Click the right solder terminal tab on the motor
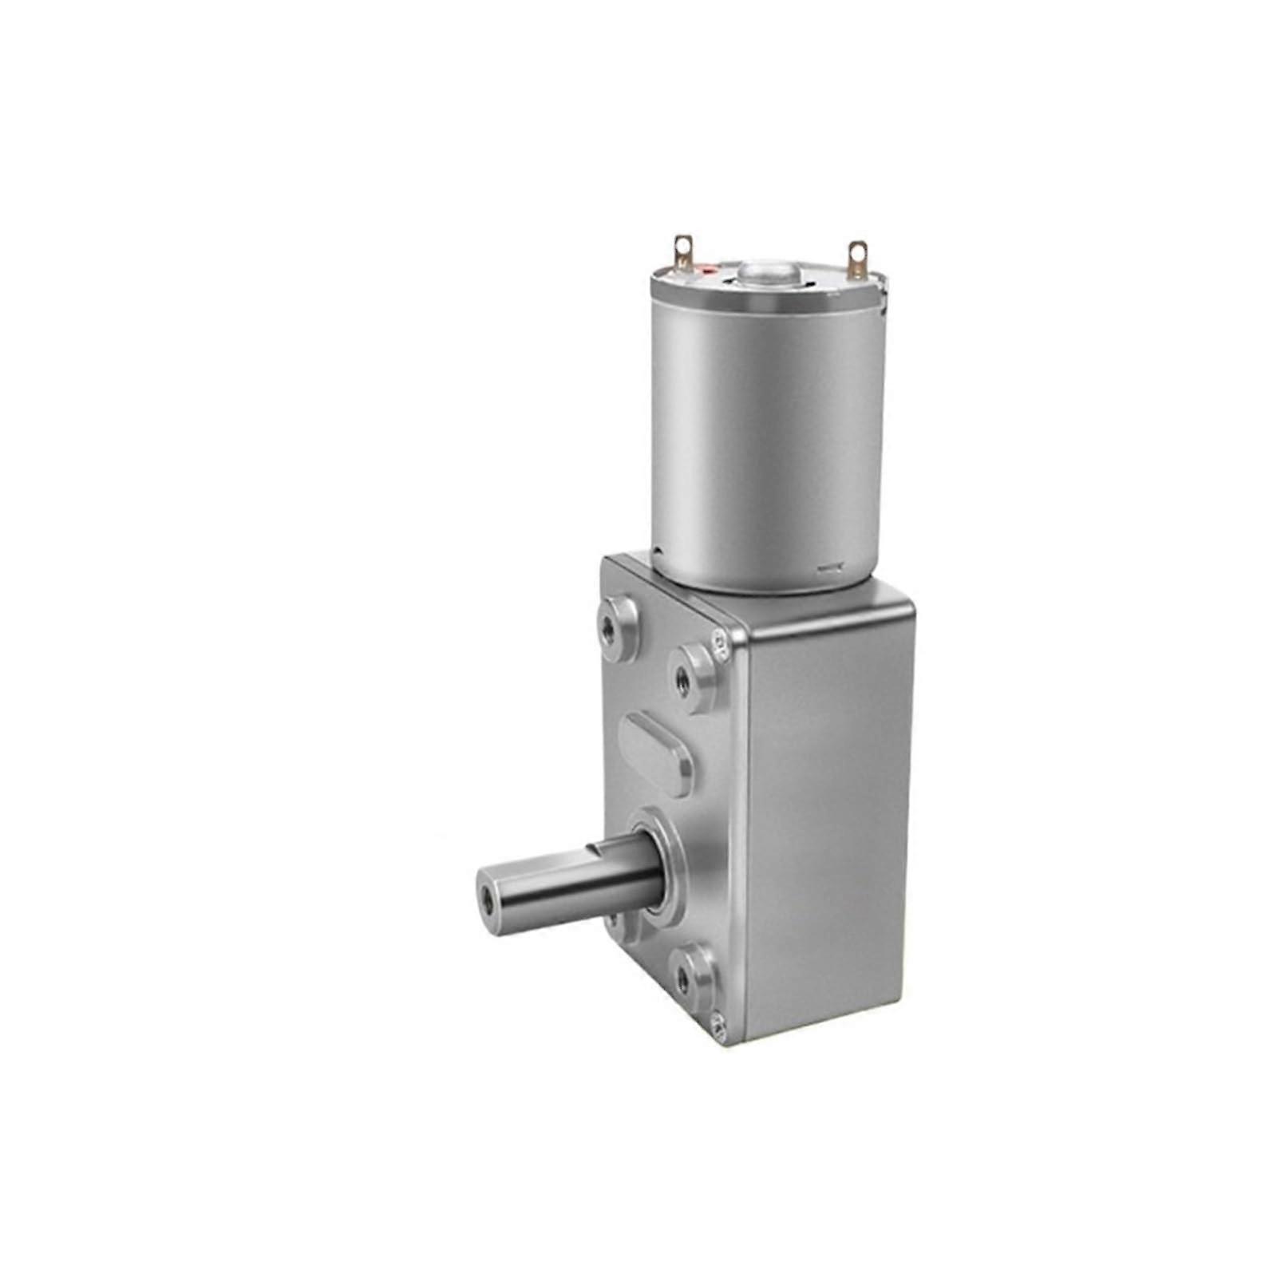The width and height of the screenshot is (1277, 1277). coord(856,256)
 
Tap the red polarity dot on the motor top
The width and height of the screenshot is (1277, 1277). coord(706,273)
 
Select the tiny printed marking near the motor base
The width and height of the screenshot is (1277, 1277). coord(830,568)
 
